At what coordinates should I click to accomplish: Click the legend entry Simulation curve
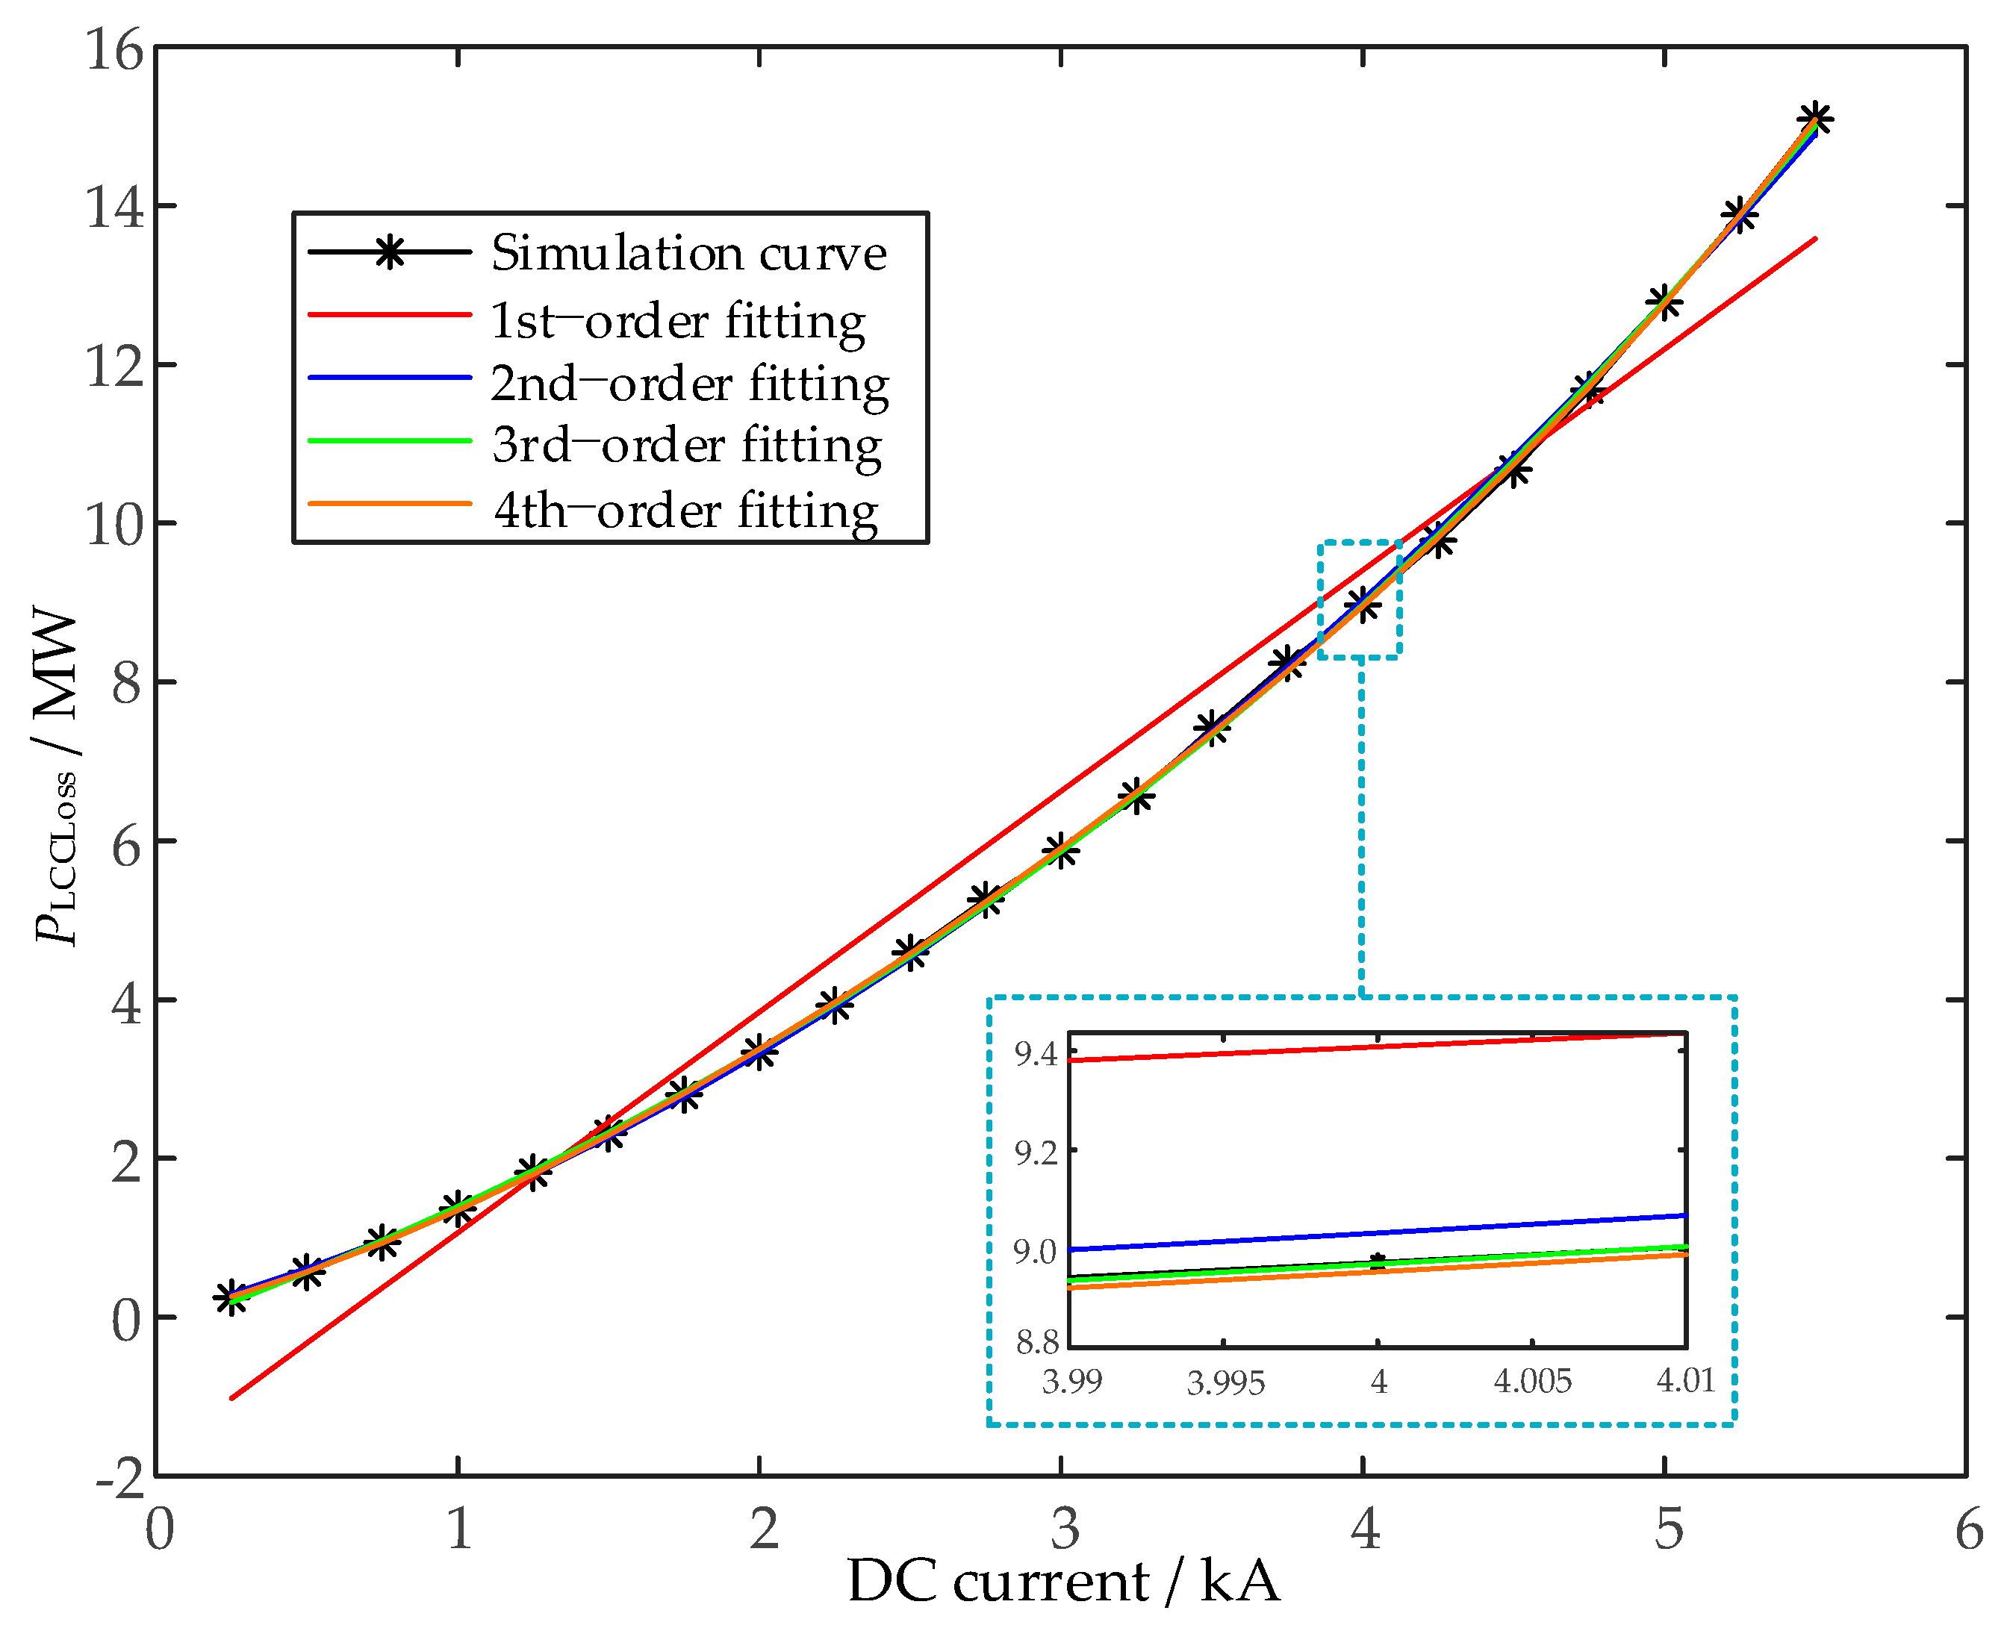coord(688,253)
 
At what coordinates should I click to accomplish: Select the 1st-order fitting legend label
coord(677,321)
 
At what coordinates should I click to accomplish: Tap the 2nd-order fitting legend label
coord(689,384)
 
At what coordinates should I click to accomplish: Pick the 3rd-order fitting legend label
coord(686,446)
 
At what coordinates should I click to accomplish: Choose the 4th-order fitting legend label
coord(685,510)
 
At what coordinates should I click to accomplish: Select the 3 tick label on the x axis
coord(1063,1529)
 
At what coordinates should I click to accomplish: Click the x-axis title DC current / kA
coord(1062,1582)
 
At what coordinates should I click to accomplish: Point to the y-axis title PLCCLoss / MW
coord(56,778)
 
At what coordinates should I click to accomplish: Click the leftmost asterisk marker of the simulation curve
coord(231,1298)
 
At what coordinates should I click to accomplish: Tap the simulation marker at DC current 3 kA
coord(1061,850)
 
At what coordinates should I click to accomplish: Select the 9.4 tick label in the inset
coord(1036,1055)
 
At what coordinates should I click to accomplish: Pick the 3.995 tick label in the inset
coord(1225,1382)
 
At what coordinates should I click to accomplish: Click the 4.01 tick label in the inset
coord(1684,1380)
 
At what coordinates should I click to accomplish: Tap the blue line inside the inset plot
coord(1378,1232)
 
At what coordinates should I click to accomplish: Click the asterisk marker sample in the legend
coord(389,252)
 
